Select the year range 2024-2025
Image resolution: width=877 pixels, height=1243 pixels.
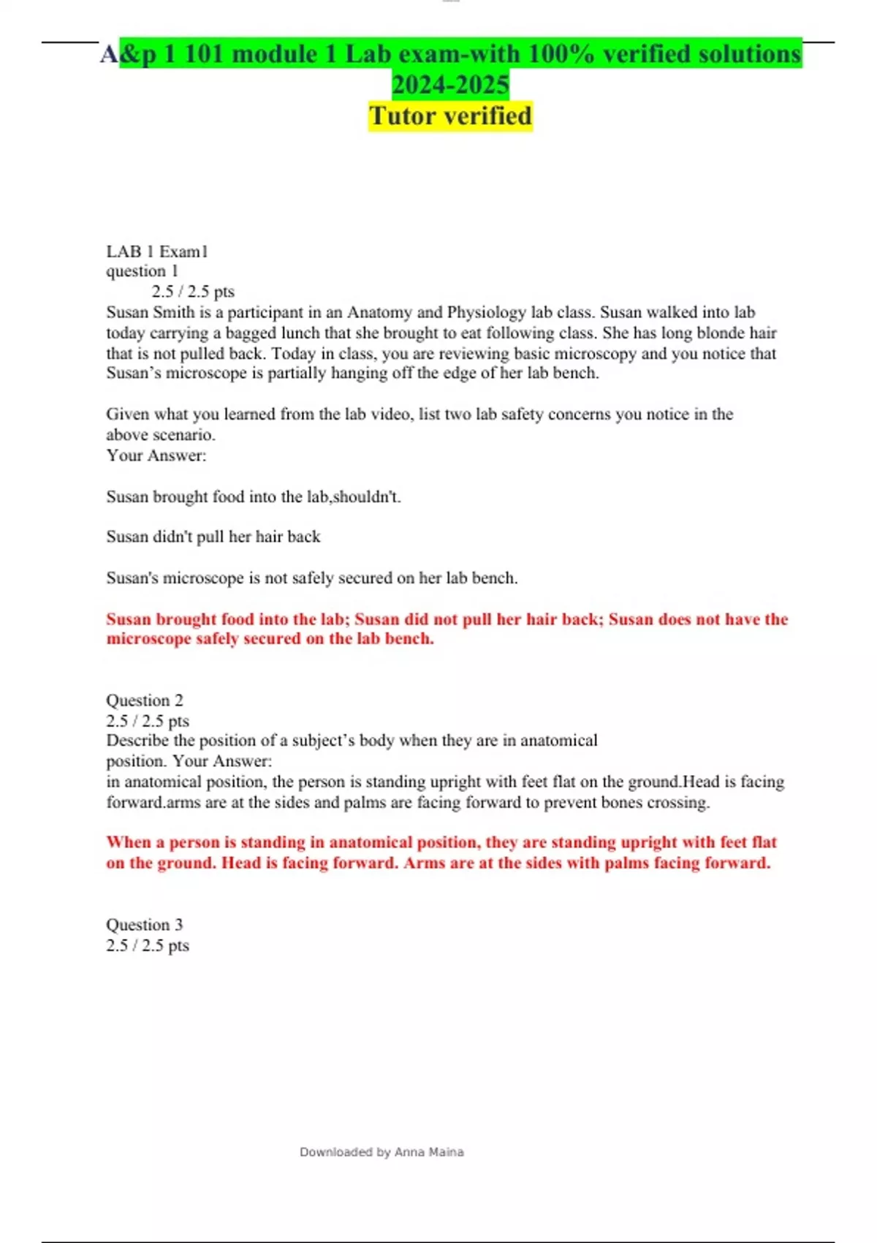point(450,85)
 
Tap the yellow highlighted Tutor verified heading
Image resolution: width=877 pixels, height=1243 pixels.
point(450,116)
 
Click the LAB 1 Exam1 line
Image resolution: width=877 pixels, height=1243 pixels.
point(157,252)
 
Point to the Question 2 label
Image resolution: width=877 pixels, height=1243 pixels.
point(145,700)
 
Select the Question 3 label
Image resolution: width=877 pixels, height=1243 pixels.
point(145,924)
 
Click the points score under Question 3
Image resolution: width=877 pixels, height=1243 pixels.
point(148,945)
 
